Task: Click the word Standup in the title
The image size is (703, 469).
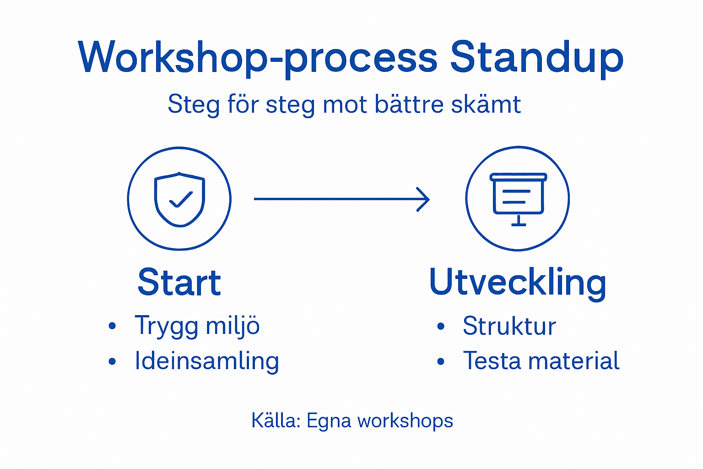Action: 536,58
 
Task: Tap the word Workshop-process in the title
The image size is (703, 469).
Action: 258,58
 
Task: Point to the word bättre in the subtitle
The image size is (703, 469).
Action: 409,104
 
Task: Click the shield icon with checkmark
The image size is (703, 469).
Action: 179,199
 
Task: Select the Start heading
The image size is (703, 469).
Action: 179,283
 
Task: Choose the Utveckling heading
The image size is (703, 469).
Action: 518,283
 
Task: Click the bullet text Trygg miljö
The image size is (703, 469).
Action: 197,326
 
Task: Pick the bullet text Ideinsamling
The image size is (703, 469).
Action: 206,361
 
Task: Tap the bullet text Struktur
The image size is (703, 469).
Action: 509,326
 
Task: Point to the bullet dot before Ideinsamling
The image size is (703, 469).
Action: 113,362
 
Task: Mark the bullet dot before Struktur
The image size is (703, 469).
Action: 441,327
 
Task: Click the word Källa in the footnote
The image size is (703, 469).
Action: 275,420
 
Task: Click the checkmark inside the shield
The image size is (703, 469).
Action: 181,200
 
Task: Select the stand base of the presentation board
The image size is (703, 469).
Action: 518,224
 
